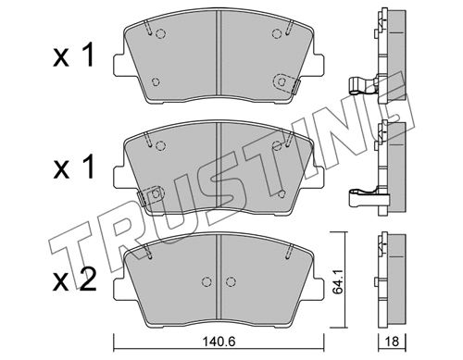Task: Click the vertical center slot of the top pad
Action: pos(215,56)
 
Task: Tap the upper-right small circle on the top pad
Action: pos(276,35)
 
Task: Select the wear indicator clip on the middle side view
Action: pos(363,195)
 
